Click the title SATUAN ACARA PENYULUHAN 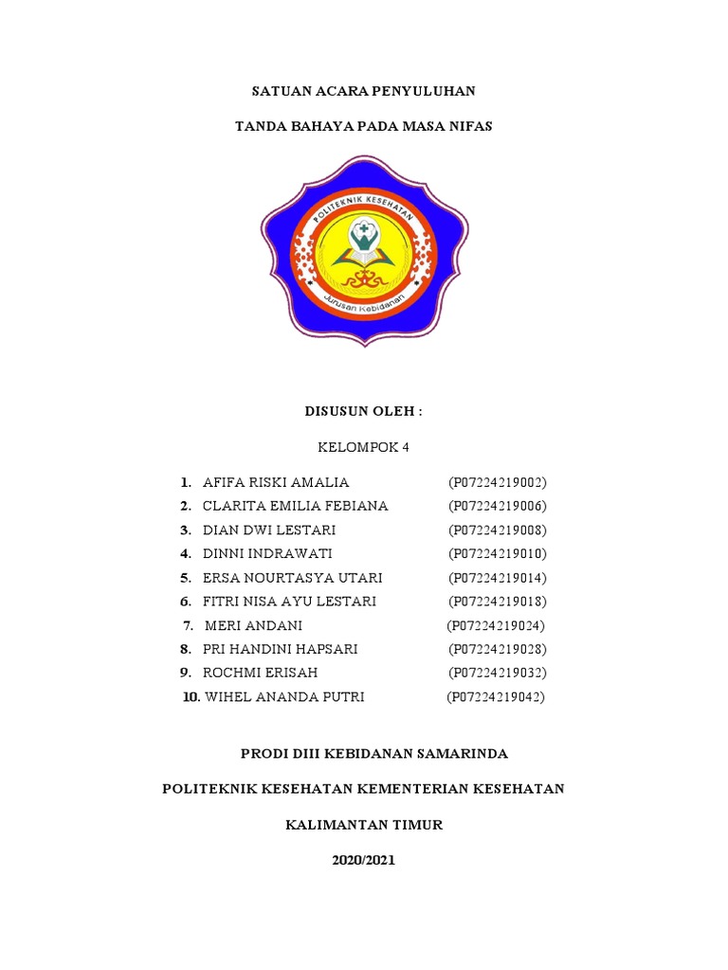(363, 92)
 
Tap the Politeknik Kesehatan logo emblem (364, 249)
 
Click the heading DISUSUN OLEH (363, 412)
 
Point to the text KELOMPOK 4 (364, 447)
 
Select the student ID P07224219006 (498, 506)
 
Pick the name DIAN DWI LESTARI (269, 530)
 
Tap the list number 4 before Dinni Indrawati (187, 553)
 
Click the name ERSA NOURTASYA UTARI (293, 578)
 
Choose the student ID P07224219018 (498, 602)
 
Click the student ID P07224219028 (498, 650)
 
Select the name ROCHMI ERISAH (260, 674)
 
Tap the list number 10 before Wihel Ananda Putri (191, 697)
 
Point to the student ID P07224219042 (496, 697)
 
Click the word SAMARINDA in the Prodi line (462, 754)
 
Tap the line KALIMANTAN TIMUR (364, 825)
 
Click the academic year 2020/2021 (364, 861)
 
